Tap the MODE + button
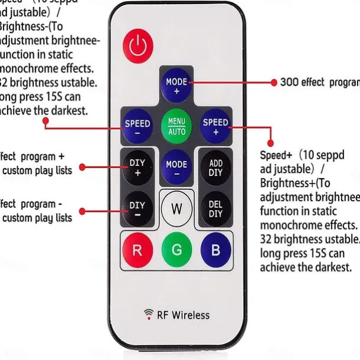(176, 86)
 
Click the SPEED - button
(137, 127)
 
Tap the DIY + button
(137, 168)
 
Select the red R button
(137, 250)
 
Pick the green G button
(176, 250)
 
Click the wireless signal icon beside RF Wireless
(149, 313)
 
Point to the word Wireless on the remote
(191, 315)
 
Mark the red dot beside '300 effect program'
(273, 83)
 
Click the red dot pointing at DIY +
(82, 168)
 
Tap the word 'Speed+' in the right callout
(276, 155)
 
